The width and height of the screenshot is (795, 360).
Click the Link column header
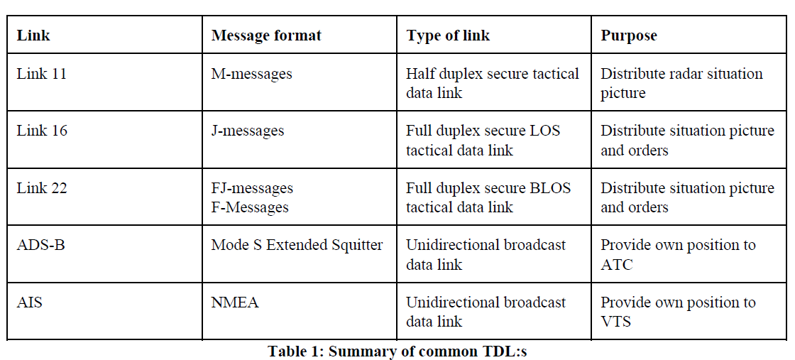pos(33,35)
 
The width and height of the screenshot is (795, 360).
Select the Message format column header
pos(266,35)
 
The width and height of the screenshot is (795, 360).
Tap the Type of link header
pos(448,35)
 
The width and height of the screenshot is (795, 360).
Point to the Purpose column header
pos(629,35)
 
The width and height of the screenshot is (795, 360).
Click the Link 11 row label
pos(42,74)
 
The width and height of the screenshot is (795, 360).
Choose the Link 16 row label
pos(42,131)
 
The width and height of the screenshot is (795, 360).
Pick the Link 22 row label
pos(42,188)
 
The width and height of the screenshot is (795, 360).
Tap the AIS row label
pos(29,302)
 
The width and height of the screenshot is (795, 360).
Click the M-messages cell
pos(251,75)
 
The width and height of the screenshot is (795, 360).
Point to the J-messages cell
pos(248,131)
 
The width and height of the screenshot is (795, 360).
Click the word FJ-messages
pos(252,189)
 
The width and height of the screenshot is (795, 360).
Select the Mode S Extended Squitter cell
pos(297,246)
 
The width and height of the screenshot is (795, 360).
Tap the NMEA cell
pos(235,302)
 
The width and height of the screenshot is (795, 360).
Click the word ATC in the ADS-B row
pos(617,265)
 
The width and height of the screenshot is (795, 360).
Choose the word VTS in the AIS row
pos(616,322)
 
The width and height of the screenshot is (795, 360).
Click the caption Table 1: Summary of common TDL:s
pos(397,351)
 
